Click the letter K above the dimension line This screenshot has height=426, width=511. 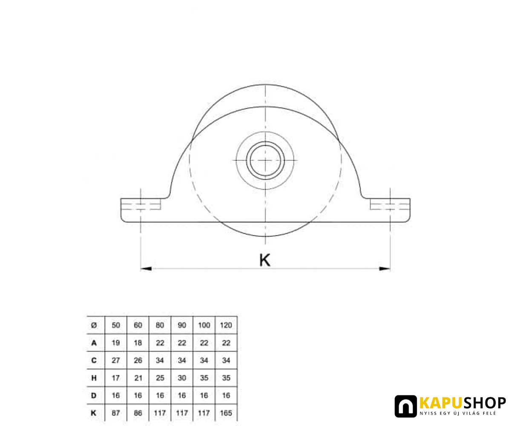point(264,260)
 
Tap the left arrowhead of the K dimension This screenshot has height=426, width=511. point(146,268)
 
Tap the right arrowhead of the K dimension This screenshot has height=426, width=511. point(385,268)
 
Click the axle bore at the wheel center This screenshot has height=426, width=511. point(265,160)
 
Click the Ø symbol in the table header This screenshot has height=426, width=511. point(94,325)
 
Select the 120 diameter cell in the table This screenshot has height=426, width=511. point(226,325)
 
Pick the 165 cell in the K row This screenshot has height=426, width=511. point(226,413)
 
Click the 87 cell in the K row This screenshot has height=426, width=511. point(116,413)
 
